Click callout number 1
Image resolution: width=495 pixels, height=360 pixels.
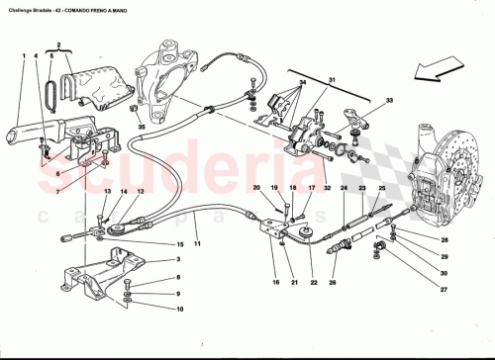[x=22, y=55]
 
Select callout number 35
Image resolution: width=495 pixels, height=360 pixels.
[x=142, y=127]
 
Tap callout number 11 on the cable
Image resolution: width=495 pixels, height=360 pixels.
[x=198, y=243]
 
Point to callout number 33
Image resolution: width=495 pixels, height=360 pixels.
[x=388, y=100]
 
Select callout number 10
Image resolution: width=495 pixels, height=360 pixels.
[x=179, y=308]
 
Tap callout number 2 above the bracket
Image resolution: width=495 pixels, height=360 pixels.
[x=59, y=45]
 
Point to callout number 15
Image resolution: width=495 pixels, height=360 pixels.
[x=179, y=243]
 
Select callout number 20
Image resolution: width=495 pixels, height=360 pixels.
[x=255, y=187]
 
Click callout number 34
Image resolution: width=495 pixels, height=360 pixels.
[x=303, y=80]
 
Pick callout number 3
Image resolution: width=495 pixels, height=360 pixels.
[x=179, y=260]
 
